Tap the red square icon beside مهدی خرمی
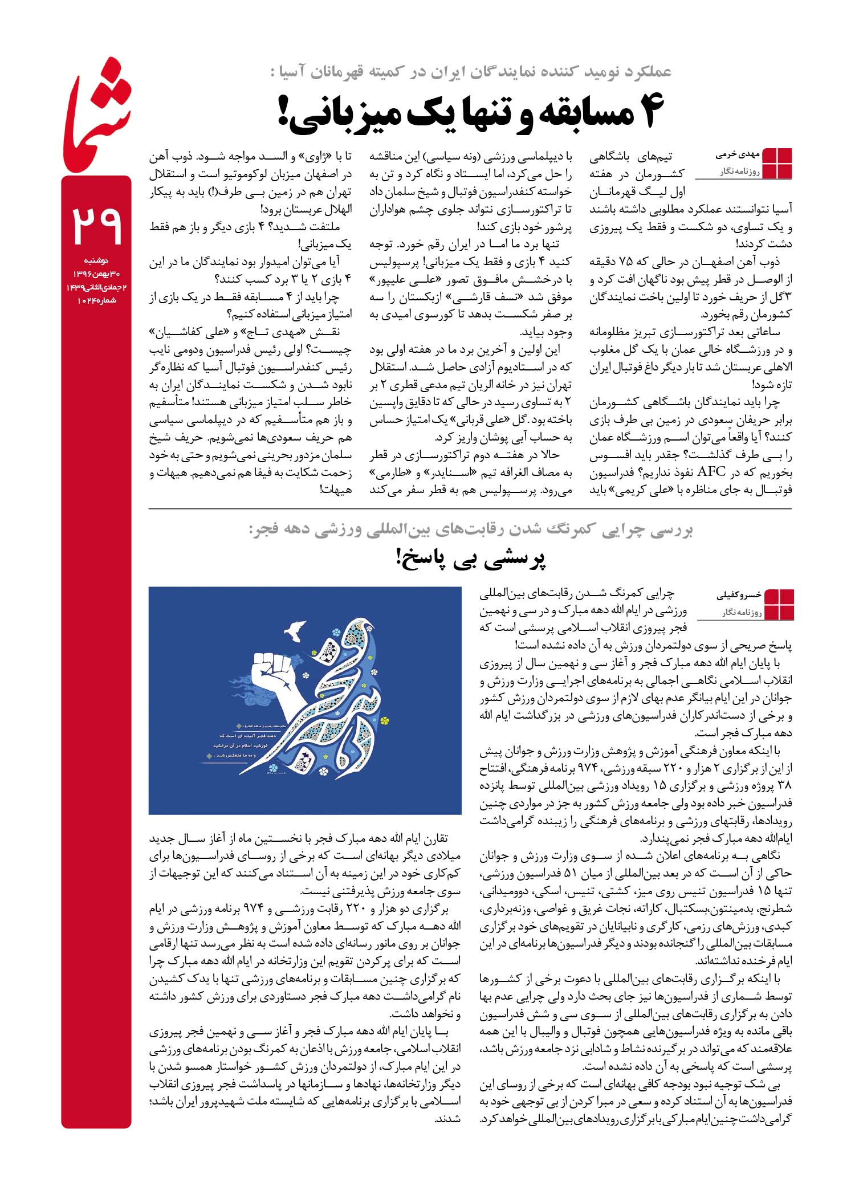(777, 163)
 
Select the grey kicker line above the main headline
(471, 72)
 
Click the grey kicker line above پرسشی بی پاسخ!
(471, 529)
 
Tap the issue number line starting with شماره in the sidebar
(96, 300)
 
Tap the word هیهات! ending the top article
(336, 490)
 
